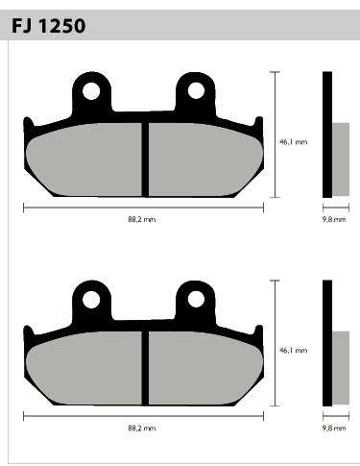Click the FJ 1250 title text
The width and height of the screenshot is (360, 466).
[49, 26]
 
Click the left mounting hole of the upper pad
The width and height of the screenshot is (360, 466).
[91, 91]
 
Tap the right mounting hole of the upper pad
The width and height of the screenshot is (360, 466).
[196, 90]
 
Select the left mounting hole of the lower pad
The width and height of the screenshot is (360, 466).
[91, 300]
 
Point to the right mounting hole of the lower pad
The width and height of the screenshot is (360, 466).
[196, 300]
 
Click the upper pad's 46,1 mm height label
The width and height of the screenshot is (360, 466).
[293, 142]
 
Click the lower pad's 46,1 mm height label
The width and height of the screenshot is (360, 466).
[293, 351]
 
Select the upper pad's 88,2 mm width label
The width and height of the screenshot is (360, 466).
[142, 219]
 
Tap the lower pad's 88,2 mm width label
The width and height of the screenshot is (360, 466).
[142, 429]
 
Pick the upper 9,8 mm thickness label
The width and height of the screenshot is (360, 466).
[334, 219]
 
